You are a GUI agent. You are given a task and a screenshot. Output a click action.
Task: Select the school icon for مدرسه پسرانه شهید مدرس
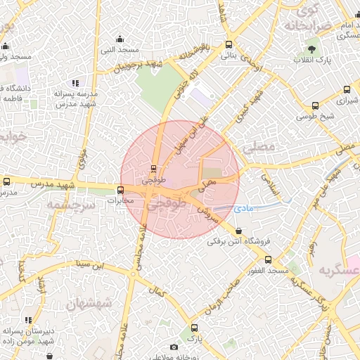coord(75,83)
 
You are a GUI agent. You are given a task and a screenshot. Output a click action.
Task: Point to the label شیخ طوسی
coord(319,116)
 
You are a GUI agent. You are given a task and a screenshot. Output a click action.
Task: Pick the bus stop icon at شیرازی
coord(347,90)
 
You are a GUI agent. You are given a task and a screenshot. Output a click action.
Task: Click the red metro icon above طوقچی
coord(153,168)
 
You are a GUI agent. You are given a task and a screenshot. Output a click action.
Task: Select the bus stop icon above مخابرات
coord(120,189)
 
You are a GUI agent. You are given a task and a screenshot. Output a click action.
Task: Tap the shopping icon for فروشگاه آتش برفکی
coord(240,231)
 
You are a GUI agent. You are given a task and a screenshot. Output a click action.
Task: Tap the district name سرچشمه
coord(70,203)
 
